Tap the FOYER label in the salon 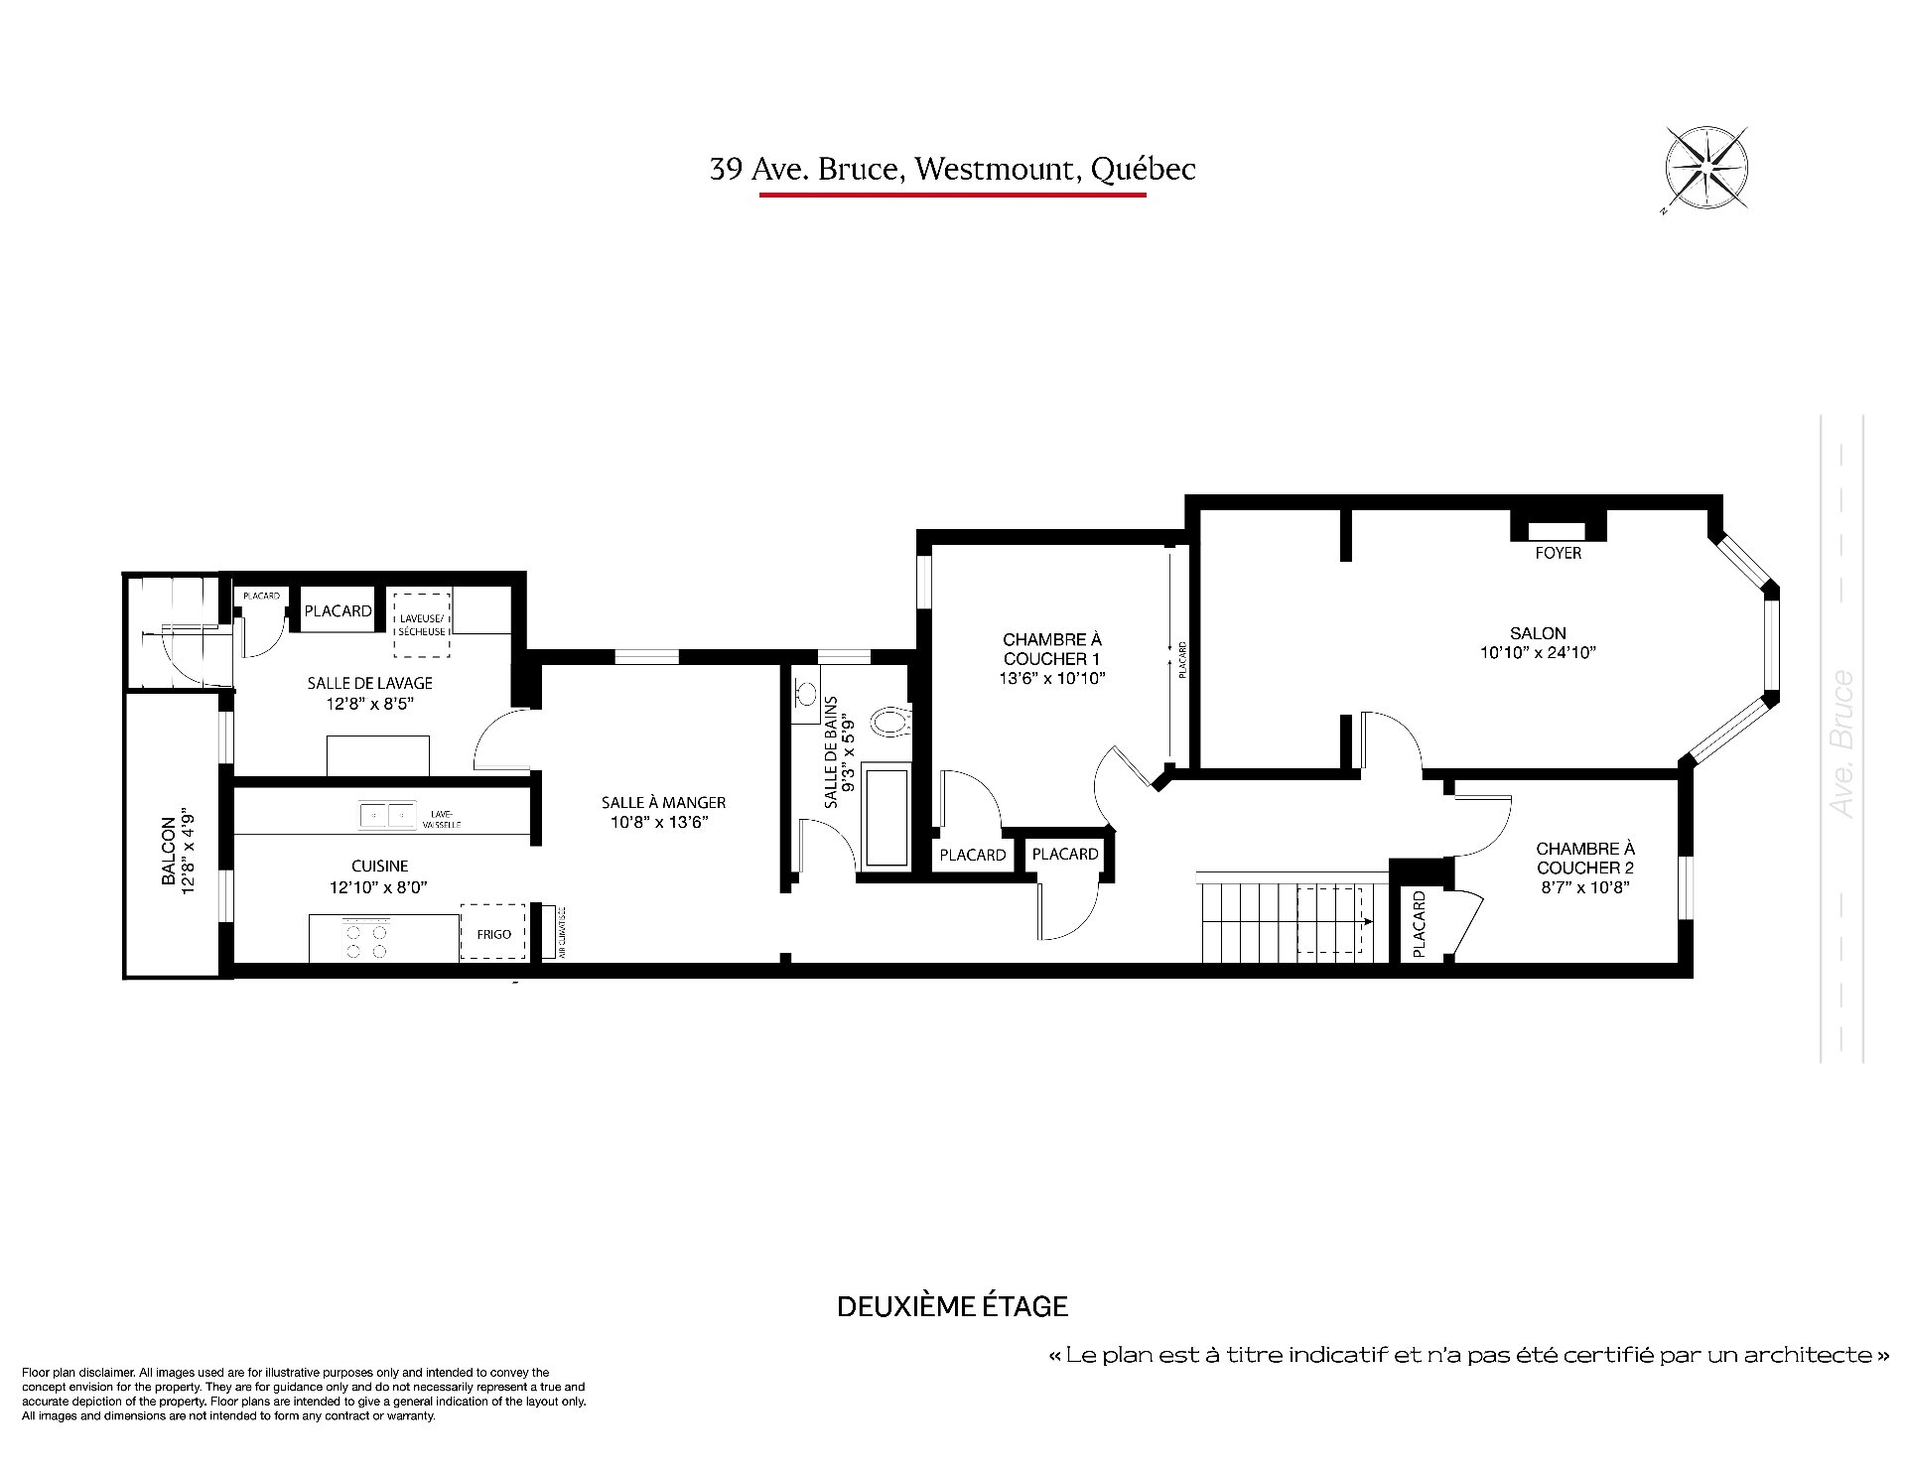coord(1558,553)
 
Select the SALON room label coord(1538,633)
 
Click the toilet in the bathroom coord(889,721)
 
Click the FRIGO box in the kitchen coord(493,932)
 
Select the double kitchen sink coord(387,816)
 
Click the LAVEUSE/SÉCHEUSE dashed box coord(422,624)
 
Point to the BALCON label coord(169,851)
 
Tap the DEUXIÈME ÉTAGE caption coord(952,1306)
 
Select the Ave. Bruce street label coord(1842,744)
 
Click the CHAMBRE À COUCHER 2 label coord(1585,858)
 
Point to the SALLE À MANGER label coord(663,802)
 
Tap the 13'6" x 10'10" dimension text coord(1052,679)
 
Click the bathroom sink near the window coord(805,692)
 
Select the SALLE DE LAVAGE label coord(369,683)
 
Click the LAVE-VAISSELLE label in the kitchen coord(442,819)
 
